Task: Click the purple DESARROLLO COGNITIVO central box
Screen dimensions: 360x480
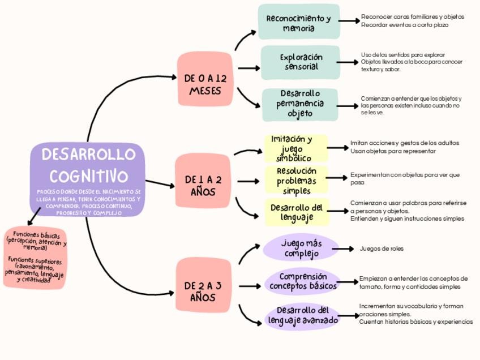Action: click(87, 179)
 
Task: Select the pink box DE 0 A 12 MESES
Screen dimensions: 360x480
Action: click(205, 79)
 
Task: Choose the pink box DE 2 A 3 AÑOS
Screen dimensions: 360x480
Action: click(203, 285)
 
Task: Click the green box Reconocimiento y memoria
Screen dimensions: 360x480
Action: click(298, 22)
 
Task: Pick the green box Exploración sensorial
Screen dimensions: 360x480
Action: click(301, 62)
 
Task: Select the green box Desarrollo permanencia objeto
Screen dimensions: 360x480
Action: click(300, 104)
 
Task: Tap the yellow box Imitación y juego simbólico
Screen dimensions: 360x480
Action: click(295, 148)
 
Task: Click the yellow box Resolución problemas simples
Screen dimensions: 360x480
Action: click(296, 180)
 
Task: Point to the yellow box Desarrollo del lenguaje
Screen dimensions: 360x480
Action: click(296, 212)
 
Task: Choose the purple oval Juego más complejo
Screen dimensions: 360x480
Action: click(301, 248)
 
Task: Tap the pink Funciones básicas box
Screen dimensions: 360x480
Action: click(35, 258)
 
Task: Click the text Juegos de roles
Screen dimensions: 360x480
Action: click(382, 248)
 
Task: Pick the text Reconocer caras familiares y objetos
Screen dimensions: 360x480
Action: click(412, 17)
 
